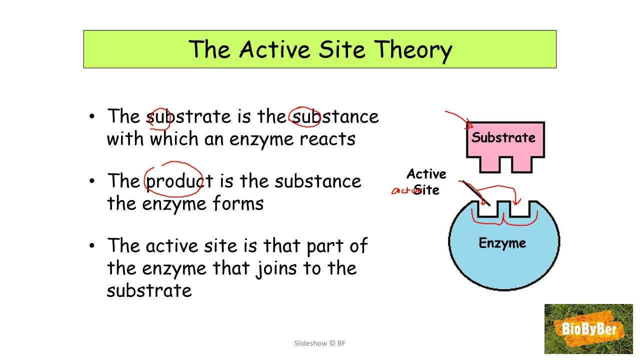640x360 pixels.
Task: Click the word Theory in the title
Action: (413, 50)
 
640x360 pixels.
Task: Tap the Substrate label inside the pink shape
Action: (503, 137)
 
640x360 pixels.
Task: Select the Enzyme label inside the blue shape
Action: (502, 243)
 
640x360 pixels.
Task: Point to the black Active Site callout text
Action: (426, 181)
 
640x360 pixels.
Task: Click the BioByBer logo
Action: (588, 329)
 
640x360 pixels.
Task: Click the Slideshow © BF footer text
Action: (319, 343)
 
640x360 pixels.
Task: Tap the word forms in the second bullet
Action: (238, 203)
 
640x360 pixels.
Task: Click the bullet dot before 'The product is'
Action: (91, 181)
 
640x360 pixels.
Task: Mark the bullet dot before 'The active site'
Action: (91, 246)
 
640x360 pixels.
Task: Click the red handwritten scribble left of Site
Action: (402, 190)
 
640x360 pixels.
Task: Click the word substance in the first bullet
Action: (335, 117)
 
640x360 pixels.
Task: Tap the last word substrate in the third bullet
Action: (149, 290)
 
